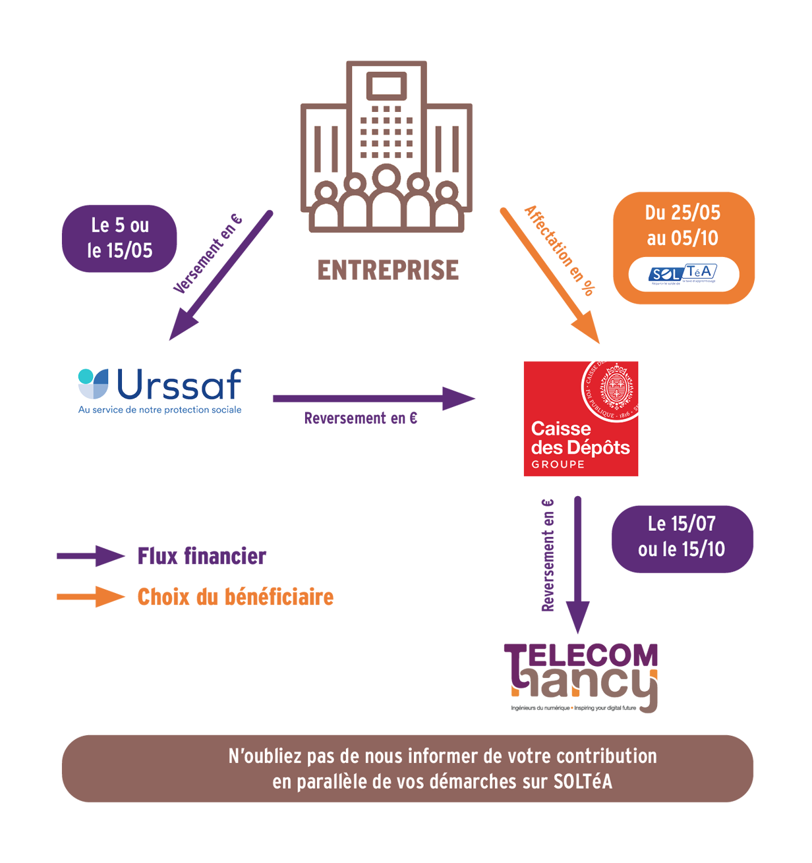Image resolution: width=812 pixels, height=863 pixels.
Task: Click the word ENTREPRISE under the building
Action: [x=388, y=270]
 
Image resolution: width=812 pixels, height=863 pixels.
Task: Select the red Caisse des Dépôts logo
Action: [x=580, y=418]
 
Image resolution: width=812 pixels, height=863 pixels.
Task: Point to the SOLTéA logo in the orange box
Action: [x=683, y=273]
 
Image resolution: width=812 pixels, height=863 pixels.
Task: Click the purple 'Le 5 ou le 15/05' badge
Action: [x=119, y=238]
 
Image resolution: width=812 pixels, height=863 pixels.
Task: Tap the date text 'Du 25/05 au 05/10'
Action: [x=683, y=225]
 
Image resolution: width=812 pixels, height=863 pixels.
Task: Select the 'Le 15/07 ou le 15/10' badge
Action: [x=681, y=537]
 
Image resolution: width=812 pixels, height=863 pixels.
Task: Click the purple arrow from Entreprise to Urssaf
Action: [x=220, y=276]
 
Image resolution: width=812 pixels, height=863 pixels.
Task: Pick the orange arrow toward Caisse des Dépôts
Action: [x=550, y=276]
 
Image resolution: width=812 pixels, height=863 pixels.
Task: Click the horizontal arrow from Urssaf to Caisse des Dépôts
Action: [x=373, y=398]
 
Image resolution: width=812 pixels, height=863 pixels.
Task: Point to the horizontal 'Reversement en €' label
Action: [x=361, y=418]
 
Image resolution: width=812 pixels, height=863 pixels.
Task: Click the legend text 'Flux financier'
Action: [x=202, y=557]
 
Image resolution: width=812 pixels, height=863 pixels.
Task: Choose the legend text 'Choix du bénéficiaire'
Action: [x=235, y=597]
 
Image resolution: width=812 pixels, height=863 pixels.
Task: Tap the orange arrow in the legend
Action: [x=90, y=597]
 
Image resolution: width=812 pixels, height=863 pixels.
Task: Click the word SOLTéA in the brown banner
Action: [x=583, y=781]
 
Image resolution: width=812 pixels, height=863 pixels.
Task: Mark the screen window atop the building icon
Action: [x=386, y=86]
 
